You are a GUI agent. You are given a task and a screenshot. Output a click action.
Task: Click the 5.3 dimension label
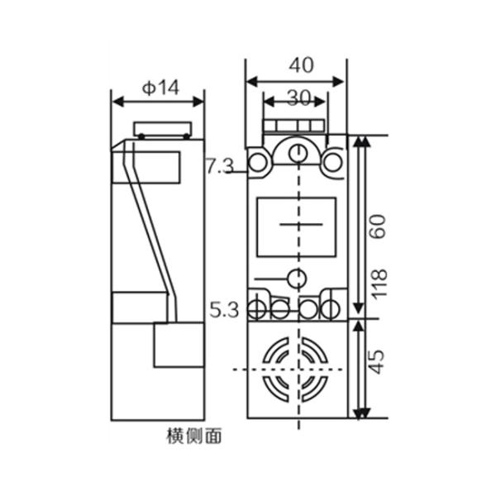pos(224,311)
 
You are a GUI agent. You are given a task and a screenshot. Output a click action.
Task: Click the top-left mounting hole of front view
pos(258,163)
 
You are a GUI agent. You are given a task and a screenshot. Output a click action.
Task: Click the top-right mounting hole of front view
pos(333,163)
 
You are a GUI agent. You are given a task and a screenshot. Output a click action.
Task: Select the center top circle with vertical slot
pos(296,153)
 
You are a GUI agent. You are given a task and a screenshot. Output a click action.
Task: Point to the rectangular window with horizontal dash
pos(296,226)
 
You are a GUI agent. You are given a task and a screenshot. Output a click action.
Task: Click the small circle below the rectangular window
pos(296,277)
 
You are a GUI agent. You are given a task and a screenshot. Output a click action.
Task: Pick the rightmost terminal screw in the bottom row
pos(331,309)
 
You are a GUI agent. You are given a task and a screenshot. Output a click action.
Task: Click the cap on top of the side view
pos(164,130)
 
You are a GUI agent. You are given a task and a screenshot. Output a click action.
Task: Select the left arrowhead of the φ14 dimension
pos(117,102)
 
